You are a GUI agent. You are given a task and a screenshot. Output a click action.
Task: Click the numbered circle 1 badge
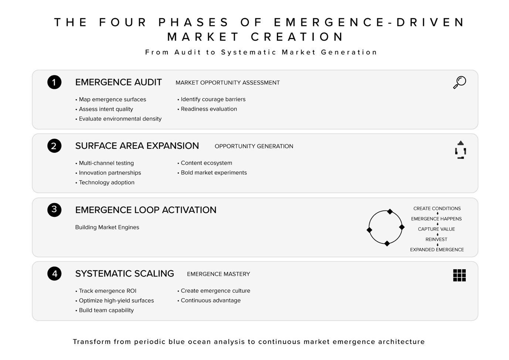pos(54,82)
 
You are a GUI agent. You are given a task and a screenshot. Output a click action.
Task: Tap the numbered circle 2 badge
pos(54,146)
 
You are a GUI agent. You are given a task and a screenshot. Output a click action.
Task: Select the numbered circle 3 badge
pos(54,210)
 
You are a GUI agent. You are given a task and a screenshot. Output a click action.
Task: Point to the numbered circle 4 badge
pos(54,274)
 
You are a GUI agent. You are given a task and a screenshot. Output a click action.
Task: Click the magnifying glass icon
pos(459,82)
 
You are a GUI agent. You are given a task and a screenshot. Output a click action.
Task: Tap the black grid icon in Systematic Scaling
pos(459,275)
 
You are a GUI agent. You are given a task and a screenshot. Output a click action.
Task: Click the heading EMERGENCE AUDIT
pos(118,82)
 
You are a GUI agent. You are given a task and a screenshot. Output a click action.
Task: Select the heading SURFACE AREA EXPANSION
pos(137,146)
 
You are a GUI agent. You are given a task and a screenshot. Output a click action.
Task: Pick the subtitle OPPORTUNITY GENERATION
pos(254,146)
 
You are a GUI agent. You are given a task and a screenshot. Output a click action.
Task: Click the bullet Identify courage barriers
pos(213,99)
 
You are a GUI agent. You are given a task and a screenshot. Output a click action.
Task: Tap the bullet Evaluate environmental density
pos(120,119)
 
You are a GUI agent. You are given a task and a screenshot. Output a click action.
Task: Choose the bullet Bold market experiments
pos(214,172)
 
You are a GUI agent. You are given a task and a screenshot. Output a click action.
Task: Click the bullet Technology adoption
pos(106,182)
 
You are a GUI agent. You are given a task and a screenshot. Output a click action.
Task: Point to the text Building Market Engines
pos(107,227)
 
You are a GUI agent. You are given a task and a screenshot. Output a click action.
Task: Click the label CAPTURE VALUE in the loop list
pos(436,229)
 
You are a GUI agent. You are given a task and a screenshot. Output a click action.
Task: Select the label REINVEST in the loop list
pos(436,239)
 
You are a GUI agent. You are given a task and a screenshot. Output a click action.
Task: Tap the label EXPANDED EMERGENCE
pos(437,250)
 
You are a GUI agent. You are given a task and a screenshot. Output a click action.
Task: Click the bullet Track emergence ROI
pos(108,291)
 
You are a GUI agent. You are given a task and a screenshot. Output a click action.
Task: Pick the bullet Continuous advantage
pos(211,300)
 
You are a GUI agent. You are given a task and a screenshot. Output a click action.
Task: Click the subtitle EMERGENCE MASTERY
pos(218,274)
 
